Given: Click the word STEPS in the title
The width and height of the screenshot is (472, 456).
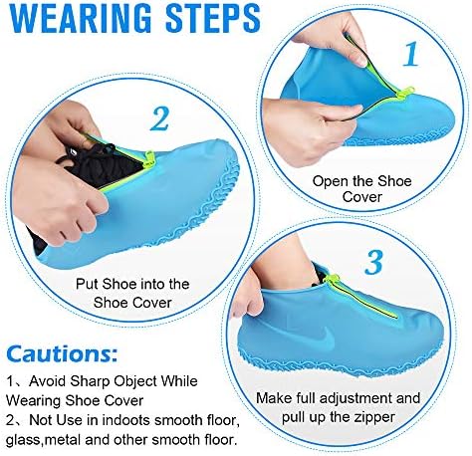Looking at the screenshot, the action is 213,17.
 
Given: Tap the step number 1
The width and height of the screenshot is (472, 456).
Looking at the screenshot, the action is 410,54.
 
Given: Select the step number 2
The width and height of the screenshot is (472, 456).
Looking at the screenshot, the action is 159,118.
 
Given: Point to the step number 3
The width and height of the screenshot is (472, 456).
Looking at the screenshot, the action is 373,263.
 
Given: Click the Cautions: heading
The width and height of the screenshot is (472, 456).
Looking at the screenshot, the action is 62,353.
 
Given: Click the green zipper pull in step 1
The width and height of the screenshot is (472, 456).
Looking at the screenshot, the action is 407,92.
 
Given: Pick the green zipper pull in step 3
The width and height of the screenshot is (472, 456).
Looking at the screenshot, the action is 332,280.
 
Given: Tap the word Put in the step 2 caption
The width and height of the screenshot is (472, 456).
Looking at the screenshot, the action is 88,285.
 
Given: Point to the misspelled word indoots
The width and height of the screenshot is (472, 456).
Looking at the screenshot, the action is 126,420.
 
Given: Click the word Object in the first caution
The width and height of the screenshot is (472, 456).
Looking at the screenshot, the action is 135,381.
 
